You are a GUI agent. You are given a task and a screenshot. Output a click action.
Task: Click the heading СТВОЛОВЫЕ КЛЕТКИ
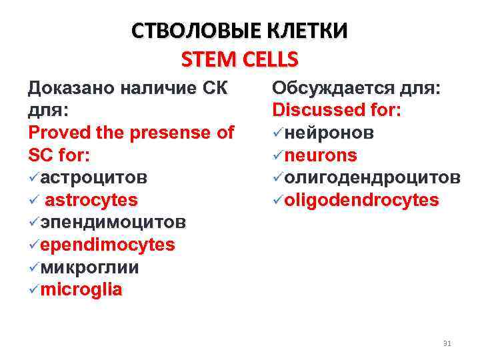point(239,31)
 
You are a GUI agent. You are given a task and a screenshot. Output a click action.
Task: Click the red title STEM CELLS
point(239,60)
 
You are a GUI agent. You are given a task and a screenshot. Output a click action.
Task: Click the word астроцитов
point(94,178)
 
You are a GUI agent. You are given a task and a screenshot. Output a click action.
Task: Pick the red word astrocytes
point(91,200)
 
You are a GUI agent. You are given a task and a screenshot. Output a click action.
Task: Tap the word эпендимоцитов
point(113,222)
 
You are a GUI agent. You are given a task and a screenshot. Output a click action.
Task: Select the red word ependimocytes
point(107,245)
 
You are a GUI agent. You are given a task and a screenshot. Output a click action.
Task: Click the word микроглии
point(89,267)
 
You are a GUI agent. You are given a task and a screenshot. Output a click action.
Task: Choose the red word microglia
point(81,290)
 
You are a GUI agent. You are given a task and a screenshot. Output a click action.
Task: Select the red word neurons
point(321,155)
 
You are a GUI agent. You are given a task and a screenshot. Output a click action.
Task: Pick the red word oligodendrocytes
point(361,200)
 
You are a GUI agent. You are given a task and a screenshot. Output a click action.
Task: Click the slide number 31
point(447,343)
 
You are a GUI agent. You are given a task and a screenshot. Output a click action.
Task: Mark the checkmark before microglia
point(33,290)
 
